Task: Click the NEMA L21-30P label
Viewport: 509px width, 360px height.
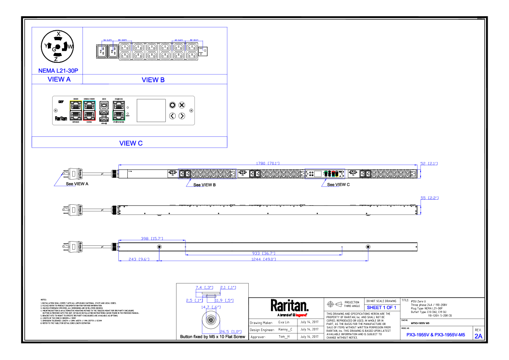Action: pyautogui.click(x=58, y=71)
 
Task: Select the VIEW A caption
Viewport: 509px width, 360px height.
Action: pyautogui.click(x=59, y=80)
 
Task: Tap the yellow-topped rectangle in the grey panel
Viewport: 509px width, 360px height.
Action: pyautogui.click(x=76, y=110)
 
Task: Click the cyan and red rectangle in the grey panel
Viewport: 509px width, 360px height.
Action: pyautogui.click(x=89, y=110)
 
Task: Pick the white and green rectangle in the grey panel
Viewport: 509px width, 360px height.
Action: pyautogui.click(x=119, y=110)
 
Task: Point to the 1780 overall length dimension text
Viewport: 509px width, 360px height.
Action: pyautogui.click(x=268, y=163)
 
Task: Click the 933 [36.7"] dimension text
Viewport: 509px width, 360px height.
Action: pyautogui.click(x=263, y=254)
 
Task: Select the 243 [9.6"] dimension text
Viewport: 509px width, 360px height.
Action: pyautogui.click(x=139, y=259)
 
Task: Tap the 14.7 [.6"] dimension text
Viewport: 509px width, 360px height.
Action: pyautogui.click(x=211, y=307)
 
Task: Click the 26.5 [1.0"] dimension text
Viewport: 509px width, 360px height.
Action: pyautogui.click(x=231, y=332)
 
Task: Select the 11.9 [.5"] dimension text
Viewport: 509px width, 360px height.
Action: pyautogui.click(x=224, y=301)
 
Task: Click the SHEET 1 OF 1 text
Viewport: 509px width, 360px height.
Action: pyautogui.click(x=381, y=308)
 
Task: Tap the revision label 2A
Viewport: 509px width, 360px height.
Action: pyautogui.click(x=478, y=336)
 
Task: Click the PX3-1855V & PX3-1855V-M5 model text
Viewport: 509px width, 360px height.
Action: pyautogui.click(x=435, y=335)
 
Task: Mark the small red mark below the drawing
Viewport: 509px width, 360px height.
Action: pyautogui.click(x=301, y=315)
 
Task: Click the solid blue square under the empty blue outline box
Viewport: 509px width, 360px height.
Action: pyautogui.click(x=195, y=192)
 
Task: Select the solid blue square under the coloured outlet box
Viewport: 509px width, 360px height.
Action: pyautogui.click(x=330, y=192)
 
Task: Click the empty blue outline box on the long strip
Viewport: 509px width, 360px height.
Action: pyautogui.click(x=207, y=174)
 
